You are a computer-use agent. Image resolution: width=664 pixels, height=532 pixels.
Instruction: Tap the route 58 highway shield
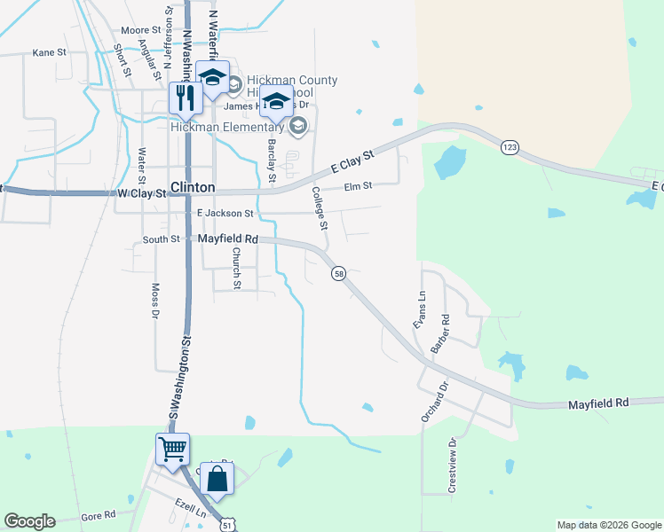pos(339,274)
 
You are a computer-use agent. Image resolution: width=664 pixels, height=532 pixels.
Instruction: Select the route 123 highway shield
pos(509,146)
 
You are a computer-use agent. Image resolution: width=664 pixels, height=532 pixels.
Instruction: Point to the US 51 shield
pos(229,525)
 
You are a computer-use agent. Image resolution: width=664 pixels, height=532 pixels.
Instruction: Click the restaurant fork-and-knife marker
pos(186,97)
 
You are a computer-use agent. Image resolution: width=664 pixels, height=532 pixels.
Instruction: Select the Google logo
pos(29,521)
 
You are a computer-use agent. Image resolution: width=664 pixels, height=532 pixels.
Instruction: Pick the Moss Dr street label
pos(154,301)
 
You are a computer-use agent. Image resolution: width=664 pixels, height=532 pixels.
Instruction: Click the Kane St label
pos(50,52)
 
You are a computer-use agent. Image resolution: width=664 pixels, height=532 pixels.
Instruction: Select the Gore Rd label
pos(99,515)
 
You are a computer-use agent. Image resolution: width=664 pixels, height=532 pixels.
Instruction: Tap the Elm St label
pos(358,186)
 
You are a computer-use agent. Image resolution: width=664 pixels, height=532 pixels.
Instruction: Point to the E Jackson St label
pos(225,214)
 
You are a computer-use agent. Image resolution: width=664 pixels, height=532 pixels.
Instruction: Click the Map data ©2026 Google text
pos(609,525)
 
